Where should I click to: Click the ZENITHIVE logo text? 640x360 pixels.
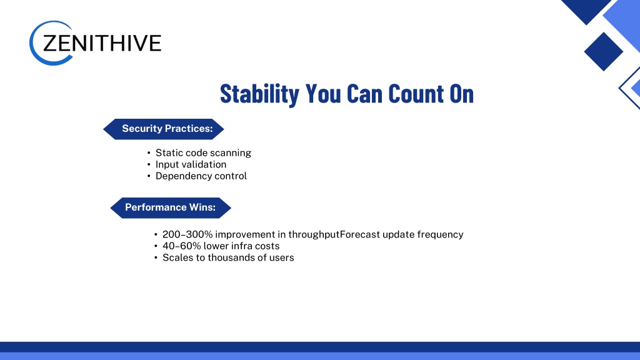pyautogui.click(x=102, y=43)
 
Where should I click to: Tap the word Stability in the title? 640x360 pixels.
pyautogui.click(x=259, y=94)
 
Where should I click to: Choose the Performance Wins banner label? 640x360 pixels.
pyautogui.click(x=171, y=207)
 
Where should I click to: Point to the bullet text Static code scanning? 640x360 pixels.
pyautogui.click(x=203, y=153)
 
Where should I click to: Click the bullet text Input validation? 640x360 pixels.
pyautogui.click(x=191, y=164)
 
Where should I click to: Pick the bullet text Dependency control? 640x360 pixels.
pyautogui.click(x=201, y=176)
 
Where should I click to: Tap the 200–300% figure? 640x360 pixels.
pyautogui.click(x=187, y=235)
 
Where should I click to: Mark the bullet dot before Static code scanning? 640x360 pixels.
pyautogui.click(x=149, y=153)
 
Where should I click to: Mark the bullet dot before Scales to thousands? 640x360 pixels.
pyautogui.click(x=156, y=258)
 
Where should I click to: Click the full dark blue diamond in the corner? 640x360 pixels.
pyautogui.click(x=603, y=52)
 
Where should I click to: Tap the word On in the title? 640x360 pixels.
pyautogui.click(x=462, y=94)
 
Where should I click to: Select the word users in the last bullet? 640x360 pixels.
pyautogui.click(x=281, y=258)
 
